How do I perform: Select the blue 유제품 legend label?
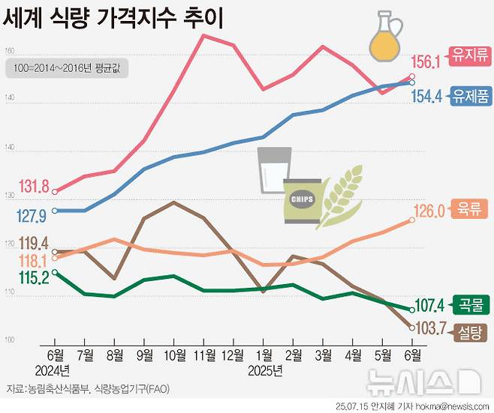[x=470, y=96]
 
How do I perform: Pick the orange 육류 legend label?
[x=469, y=211]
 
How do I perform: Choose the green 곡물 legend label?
[x=469, y=304]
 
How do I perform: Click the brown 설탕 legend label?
[x=469, y=331]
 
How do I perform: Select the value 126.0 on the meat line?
[x=430, y=211]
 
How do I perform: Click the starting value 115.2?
[x=33, y=277]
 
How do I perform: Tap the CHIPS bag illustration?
[x=302, y=201]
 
